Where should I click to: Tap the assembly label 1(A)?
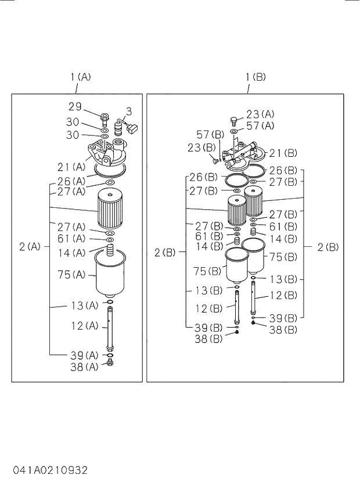[81, 76]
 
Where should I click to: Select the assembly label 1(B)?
[255, 76]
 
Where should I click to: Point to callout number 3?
[129, 110]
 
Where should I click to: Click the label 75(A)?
[72, 275]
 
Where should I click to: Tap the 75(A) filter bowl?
[109, 276]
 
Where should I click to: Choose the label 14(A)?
[72, 253]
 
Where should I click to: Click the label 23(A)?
[260, 114]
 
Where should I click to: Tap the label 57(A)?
[260, 126]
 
